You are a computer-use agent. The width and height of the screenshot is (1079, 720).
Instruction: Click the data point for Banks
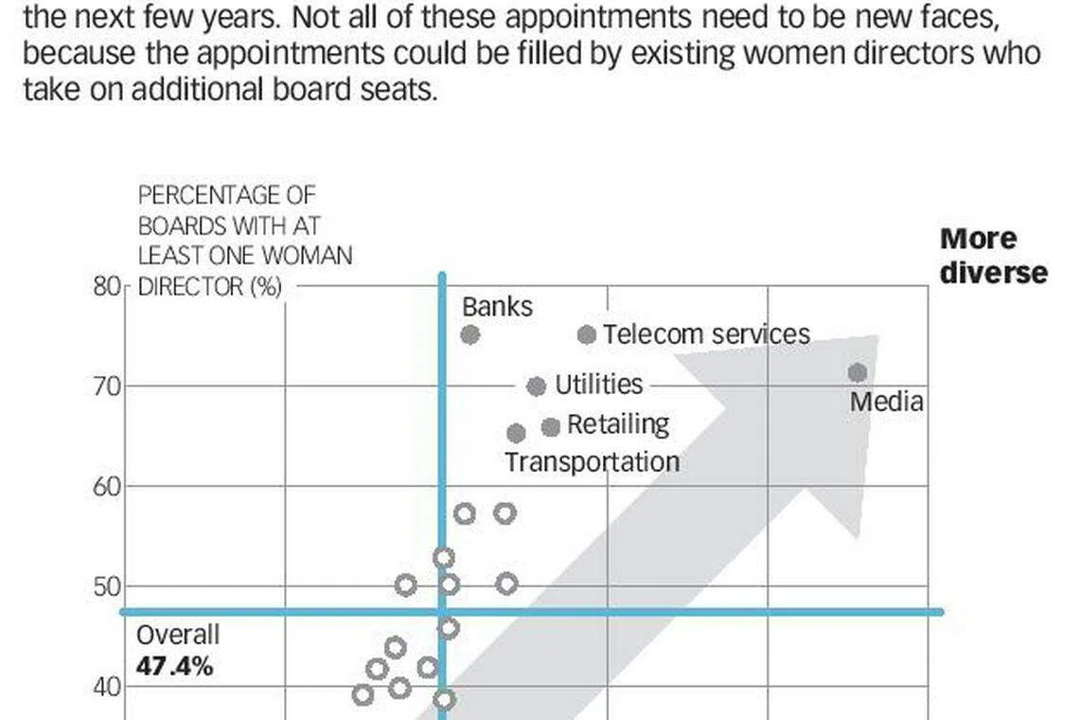click(469, 334)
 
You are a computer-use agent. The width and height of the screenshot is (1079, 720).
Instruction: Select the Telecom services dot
click(587, 334)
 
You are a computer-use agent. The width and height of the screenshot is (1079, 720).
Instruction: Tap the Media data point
click(858, 373)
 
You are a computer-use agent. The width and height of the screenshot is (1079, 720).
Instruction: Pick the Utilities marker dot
click(536, 387)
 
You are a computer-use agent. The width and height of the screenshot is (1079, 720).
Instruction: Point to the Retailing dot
click(551, 427)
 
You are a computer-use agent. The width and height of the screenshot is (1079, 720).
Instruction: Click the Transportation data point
click(516, 433)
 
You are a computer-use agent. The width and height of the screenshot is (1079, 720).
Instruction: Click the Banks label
click(497, 307)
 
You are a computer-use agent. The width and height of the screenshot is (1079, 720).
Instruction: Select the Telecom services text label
click(706, 334)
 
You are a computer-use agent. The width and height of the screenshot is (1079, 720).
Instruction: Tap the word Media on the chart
click(886, 402)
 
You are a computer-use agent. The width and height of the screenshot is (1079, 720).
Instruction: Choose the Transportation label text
click(592, 462)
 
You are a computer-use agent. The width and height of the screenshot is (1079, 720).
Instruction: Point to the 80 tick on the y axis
click(106, 286)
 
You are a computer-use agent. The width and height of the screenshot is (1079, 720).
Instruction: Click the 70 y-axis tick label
click(107, 387)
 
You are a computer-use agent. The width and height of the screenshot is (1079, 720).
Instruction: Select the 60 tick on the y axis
click(107, 487)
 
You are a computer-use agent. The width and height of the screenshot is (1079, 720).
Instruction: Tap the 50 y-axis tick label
click(107, 587)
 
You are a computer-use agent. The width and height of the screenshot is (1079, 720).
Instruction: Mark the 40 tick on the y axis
click(107, 687)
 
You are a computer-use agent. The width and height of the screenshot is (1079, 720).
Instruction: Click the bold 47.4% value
click(174, 666)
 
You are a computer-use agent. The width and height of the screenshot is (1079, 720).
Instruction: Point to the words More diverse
click(993, 256)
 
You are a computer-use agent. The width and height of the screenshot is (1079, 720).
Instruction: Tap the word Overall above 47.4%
click(178, 635)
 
